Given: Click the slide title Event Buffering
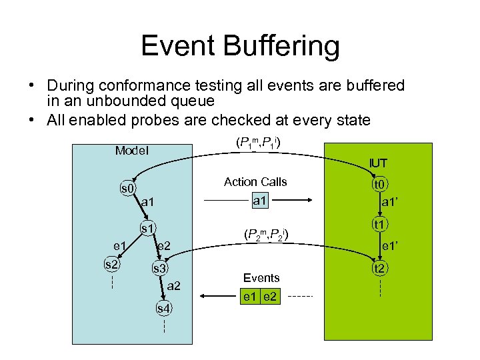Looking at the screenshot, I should pyautogui.click(x=240, y=47).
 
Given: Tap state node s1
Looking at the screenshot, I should pyautogui.click(x=147, y=229).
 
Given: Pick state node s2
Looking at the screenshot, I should pyautogui.click(x=112, y=265).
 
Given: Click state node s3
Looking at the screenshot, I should pyautogui.click(x=160, y=269).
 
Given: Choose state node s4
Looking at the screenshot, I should pyautogui.click(x=163, y=308).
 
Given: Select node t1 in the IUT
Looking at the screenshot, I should pyautogui.click(x=380, y=225).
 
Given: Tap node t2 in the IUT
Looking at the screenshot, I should pyautogui.click(x=380, y=269).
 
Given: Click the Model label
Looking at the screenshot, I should pyautogui.click(x=131, y=150).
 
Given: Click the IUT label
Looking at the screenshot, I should pyautogui.click(x=379, y=163).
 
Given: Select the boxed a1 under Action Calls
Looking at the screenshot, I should pyautogui.click(x=260, y=200).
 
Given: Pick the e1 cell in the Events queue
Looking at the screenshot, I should pyautogui.click(x=251, y=295).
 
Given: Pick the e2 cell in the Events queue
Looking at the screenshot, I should pyautogui.click(x=271, y=295).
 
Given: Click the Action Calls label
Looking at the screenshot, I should pyautogui.click(x=255, y=182).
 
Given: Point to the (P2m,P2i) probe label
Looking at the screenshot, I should pyautogui.click(x=266, y=235).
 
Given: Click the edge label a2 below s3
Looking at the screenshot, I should pyautogui.click(x=173, y=286).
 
